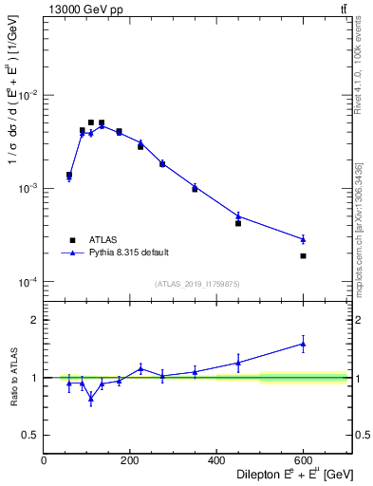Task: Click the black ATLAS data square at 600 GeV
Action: click(x=303, y=256)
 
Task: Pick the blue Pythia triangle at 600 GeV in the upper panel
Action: click(x=303, y=239)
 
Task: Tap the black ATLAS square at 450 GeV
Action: click(x=238, y=223)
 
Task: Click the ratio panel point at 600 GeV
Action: click(x=303, y=344)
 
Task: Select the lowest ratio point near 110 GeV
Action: click(x=91, y=398)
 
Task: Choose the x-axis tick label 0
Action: click(x=45, y=461)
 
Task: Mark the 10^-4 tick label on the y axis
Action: click(x=28, y=282)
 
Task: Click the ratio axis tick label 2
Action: click(x=35, y=321)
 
